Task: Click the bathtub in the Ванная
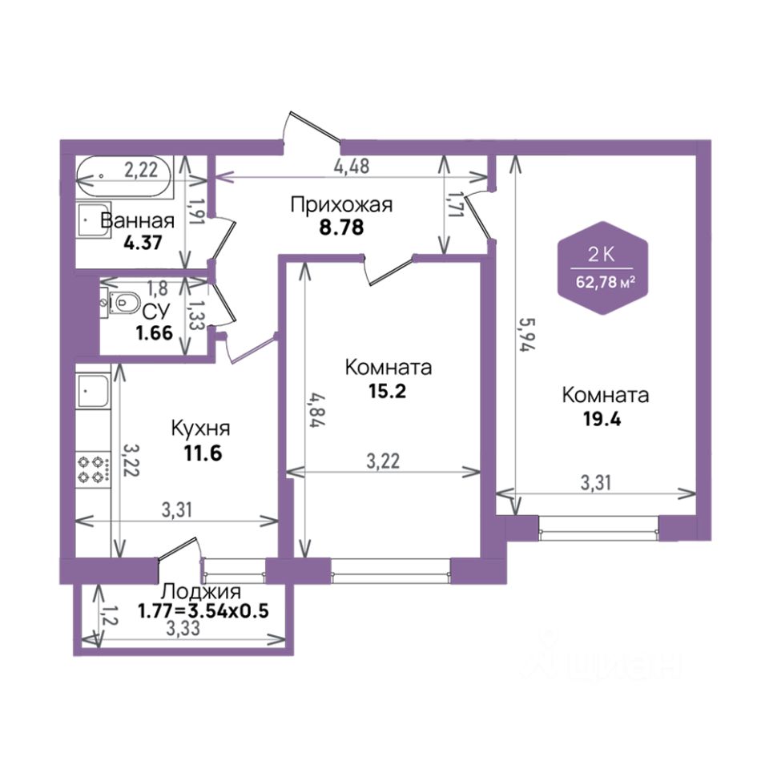pyautogui.click(x=125, y=178)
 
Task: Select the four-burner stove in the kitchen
pyautogui.click(x=93, y=469)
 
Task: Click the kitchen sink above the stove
pyautogui.click(x=93, y=391)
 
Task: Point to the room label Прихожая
pyautogui.click(x=341, y=204)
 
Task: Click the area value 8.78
pyautogui.click(x=342, y=227)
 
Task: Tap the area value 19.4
pyautogui.click(x=602, y=419)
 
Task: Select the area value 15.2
pyautogui.click(x=388, y=392)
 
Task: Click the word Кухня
pyautogui.click(x=200, y=428)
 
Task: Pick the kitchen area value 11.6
pyautogui.click(x=203, y=453)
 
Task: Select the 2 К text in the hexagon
pyautogui.click(x=602, y=255)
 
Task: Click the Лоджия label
pyautogui.click(x=201, y=591)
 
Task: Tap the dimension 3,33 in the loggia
pyautogui.click(x=183, y=628)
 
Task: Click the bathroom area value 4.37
pyautogui.click(x=143, y=243)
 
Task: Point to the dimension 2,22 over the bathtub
pyautogui.click(x=141, y=170)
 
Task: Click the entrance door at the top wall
pyautogui.click(x=312, y=128)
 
